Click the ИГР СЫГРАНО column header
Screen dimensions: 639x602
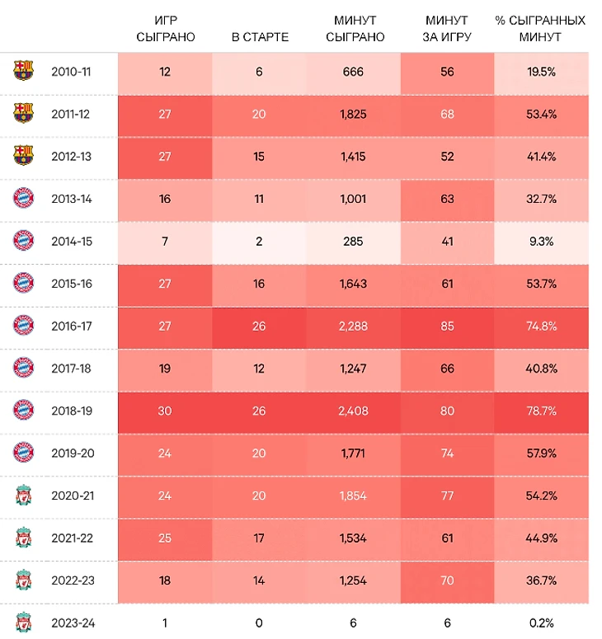pyautogui.click(x=165, y=29)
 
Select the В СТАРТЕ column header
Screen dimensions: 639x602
pyautogui.click(x=259, y=38)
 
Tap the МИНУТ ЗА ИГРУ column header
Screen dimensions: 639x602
pyautogui.click(x=447, y=29)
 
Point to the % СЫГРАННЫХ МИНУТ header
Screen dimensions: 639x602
pyautogui.click(x=540, y=29)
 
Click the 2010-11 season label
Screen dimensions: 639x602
pyautogui.click(x=71, y=72)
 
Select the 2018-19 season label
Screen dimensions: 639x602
pyautogui.click(x=71, y=410)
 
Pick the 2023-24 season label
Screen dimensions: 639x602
pyautogui.click(x=73, y=623)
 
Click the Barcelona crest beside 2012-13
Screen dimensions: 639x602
pyautogui.click(x=24, y=156)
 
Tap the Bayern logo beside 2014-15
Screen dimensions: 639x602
pyautogui.click(x=24, y=241)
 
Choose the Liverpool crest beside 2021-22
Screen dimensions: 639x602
pyautogui.click(x=24, y=538)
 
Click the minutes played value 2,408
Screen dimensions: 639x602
pyautogui.click(x=354, y=410)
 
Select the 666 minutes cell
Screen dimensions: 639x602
pyautogui.click(x=354, y=72)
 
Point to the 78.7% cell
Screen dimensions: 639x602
pyautogui.click(x=542, y=410)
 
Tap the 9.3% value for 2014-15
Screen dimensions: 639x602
pyautogui.click(x=542, y=241)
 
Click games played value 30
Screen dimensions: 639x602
pyautogui.click(x=165, y=410)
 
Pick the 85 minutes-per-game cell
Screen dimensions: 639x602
pyautogui.click(x=447, y=326)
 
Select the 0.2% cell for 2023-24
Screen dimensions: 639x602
pyautogui.click(x=542, y=623)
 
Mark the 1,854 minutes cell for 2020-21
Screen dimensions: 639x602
pyautogui.click(x=354, y=495)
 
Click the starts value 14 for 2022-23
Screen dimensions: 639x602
pyautogui.click(x=259, y=580)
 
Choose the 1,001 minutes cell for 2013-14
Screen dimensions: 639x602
pyautogui.click(x=354, y=199)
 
